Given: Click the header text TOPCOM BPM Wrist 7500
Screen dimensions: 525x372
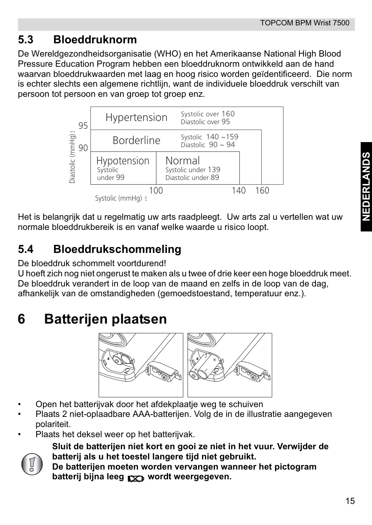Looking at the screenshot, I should pyautogui.click(x=305, y=23).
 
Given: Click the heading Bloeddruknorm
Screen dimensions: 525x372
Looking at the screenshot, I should pyautogui.click(x=95, y=39).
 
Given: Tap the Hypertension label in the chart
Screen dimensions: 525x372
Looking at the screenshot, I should pyautogui.click(x=136, y=117).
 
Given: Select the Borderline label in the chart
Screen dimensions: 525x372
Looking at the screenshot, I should pyautogui.click(x=136, y=141).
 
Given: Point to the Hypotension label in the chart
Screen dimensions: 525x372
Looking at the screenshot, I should pyautogui.click(x=122, y=161).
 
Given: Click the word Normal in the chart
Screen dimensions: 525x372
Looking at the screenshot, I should pyautogui.click(x=182, y=160).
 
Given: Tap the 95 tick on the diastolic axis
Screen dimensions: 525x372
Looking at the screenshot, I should pyautogui.click(x=83, y=126).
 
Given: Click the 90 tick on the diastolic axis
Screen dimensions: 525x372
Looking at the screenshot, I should pyautogui.click(x=83, y=148).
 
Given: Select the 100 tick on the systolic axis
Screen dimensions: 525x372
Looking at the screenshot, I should pyautogui.click(x=156, y=191).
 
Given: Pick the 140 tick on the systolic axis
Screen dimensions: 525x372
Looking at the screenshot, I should pyautogui.click(x=239, y=191).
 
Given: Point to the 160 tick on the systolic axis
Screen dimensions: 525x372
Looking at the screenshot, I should pyautogui.click(x=262, y=191).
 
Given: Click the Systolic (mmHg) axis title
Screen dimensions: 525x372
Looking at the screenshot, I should pyautogui.click(x=119, y=198).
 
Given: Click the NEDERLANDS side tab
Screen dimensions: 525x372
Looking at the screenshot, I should pyautogui.click(x=366, y=187).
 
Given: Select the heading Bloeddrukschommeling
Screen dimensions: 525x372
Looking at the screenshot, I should pyautogui.click(x=117, y=249).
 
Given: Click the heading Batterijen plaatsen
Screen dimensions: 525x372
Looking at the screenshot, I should pyautogui.click(x=105, y=319).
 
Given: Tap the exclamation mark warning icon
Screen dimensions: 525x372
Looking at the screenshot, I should pyautogui.click(x=32, y=464).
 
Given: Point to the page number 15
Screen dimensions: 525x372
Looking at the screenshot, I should pyautogui.click(x=350, y=501).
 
